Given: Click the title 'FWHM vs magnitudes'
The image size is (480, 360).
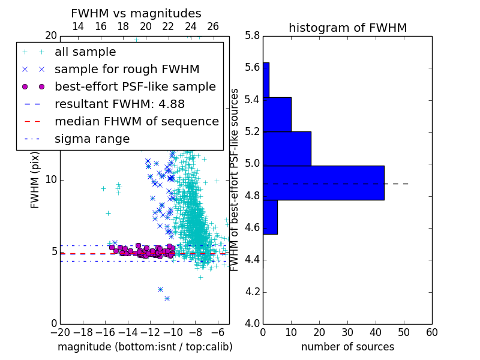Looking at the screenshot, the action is [136, 13].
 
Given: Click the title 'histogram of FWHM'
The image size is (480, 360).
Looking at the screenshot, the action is [348, 28].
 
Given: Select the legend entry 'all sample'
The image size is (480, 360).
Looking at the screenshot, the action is [85, 52].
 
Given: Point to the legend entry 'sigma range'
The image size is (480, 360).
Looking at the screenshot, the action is [92, 139].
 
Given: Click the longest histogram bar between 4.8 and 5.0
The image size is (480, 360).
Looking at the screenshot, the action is [323, 183].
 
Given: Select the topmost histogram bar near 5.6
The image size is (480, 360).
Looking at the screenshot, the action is [266, 80].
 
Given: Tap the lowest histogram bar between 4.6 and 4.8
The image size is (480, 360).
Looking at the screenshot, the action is [271, 217].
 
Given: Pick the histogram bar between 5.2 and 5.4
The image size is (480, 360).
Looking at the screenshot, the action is [277, 115].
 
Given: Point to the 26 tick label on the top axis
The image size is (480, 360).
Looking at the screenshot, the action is [213, 26].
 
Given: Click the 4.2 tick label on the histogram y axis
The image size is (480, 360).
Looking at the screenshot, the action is [252, 292].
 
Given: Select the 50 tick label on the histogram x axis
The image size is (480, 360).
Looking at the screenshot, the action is [404, 332].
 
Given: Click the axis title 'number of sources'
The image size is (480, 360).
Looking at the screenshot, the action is [348, 347].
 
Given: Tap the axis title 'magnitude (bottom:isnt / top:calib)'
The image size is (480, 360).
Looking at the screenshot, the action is [145, 347].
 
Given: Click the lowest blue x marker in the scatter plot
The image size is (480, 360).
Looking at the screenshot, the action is [167, 298].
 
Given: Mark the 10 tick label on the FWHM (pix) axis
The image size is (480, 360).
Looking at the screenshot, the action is [51, 179].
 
